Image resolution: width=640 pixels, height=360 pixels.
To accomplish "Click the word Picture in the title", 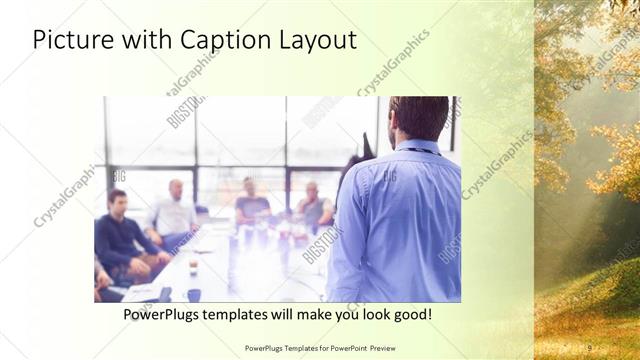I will (71, 40).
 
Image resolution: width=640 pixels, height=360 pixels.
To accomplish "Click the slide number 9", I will (588, 347).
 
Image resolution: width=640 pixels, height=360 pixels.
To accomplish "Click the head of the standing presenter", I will (419, 118).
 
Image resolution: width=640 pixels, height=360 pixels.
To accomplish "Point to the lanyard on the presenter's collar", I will (420, 151).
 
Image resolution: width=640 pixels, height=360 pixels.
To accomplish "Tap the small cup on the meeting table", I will (193, 266).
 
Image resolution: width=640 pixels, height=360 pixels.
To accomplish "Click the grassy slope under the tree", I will (590, 300).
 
